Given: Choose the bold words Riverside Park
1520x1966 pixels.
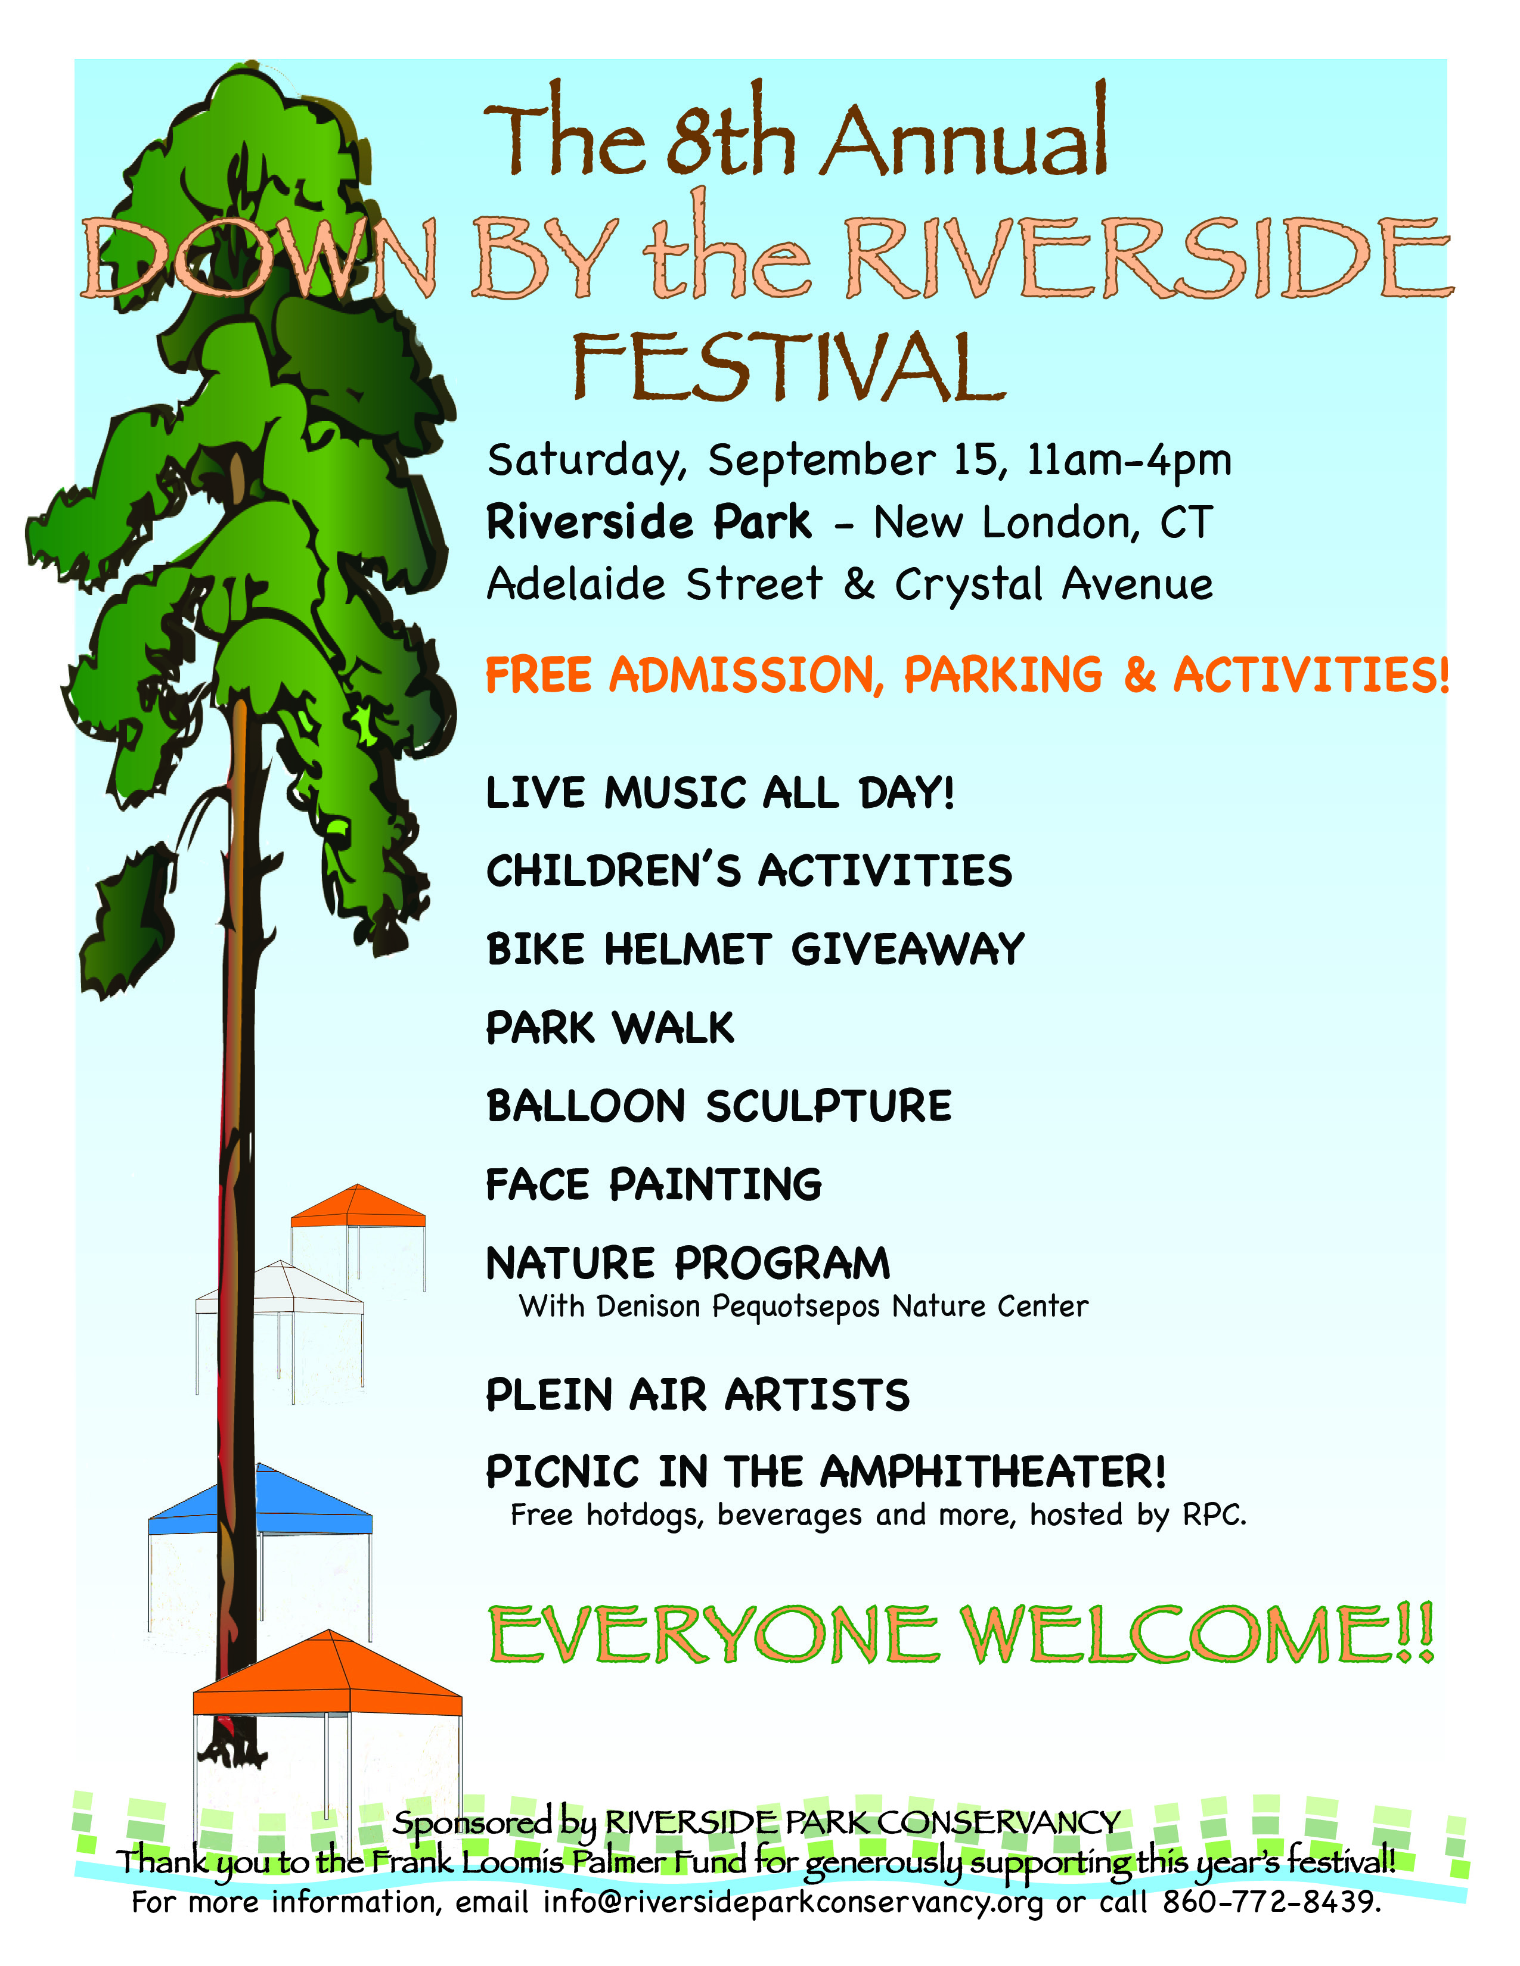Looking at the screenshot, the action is pyautogui.click(x=649, y=522).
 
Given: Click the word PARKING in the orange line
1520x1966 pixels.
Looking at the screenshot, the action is pyautogui.click(x=1003, y=675).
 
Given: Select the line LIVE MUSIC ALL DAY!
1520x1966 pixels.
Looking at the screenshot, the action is pyautogui.click(x=721, y=793).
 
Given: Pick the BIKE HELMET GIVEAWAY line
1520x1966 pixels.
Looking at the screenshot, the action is pyautogui.click(x=755, y=949).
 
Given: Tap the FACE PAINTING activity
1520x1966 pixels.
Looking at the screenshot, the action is pyautogui.click(x=654, y=1184).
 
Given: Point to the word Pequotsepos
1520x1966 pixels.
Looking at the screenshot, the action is pyautogui.click(x=796, y=1307).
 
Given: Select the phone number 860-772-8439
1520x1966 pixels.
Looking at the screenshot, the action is pyautogui.click(x=1271, y=1902).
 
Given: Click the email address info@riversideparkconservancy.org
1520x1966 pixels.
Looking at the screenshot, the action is pyautogui.click(x=792, y=1903).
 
